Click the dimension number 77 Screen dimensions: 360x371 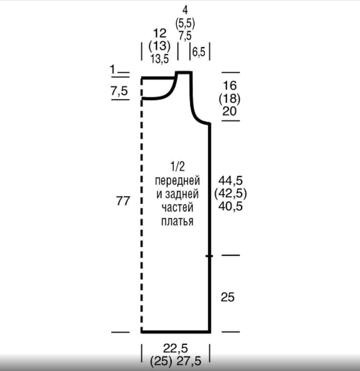pyautogui.click(x=123, y=201)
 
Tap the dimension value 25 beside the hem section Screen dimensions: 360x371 pyautogui.click(x=228, y=297)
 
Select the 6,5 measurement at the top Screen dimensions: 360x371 pyautogui.click(x=199, y=52)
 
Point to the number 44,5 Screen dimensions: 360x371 pyautogui.click(x=230, y=180)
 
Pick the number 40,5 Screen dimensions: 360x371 pyautogui.click(x=230, y=206)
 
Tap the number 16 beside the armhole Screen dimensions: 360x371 pyautogui.click(x=230, y=85)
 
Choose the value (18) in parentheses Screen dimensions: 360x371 pyautogui.click(x=229, y=99)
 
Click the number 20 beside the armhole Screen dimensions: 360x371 pyautogui.click(x=229, y=111)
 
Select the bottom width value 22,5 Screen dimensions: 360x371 pyautogui.click(x=175, y=348)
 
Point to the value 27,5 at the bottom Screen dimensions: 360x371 pyautogui.click(x=189, y=361)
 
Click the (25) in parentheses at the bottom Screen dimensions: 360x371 pyautogui.click(x=161, y=361)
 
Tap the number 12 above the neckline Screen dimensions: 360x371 pyautogui.click(x=159, y=33)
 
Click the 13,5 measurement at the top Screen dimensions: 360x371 pyautogui.click(x=159, y=59)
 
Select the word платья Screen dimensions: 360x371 pyautogui.click(x=177, y=221)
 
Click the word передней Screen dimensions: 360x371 pyautogui.click(x=177, y=181)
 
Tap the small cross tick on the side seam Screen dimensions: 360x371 pyautogui.click(x=209, y=256)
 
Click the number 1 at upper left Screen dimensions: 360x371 pyautogui.click(x=113, y=69)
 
